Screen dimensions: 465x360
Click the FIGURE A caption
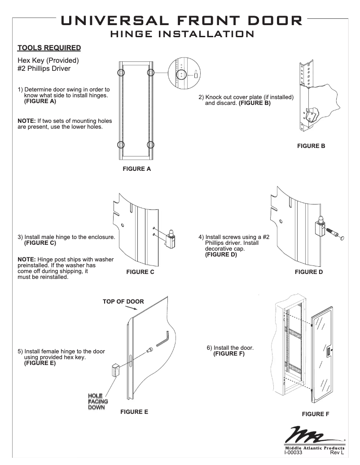(137, 169)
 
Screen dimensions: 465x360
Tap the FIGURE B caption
(311, 146)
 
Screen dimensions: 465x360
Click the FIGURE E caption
(134, 411)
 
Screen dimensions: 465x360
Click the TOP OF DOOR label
(123, 301)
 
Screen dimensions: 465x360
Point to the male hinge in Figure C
(171, 239)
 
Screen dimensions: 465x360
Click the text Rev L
(337, 453)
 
